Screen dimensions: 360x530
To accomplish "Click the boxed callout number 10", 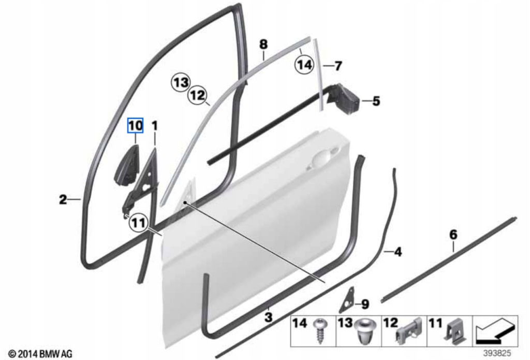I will click(x=135, y=125).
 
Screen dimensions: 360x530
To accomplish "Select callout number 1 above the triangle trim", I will click(x=154, y=125).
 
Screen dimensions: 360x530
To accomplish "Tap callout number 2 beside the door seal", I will click(x=63, y=199).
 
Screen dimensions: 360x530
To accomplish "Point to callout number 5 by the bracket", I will click(x=376, y=102).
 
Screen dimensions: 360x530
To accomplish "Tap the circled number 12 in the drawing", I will click(x=198, y=95).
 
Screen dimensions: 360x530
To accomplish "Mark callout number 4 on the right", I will click(x=397, y=252).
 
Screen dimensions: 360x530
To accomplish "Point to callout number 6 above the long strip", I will click(x=453, y=235).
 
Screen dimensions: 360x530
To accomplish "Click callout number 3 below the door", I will click(x=268, y=316).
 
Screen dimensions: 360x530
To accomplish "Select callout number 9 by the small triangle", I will click(x=365, y=304).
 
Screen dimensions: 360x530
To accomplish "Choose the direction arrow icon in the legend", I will click(x=495, y=330).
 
